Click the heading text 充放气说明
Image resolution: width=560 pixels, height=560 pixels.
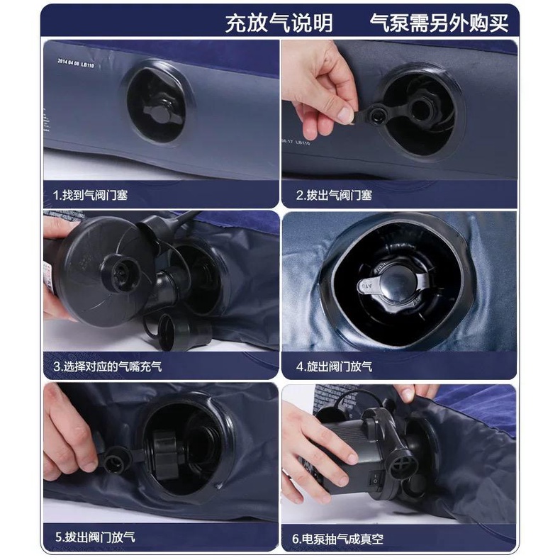coord(279,23)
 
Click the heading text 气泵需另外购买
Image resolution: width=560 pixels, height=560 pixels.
coord(439,23)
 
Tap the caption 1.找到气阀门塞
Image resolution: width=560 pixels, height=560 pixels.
coord(90,195)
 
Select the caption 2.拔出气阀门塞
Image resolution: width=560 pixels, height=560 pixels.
coord(335,195)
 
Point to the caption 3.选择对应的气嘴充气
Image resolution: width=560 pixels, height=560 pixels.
coord(108,366)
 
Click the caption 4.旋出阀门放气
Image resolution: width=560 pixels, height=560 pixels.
coord(335,366)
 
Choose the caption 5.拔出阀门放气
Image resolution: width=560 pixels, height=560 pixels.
coord(96,537)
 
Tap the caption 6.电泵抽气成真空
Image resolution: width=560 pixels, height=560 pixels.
coord(338,539)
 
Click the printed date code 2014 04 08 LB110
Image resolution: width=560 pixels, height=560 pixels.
coord(76,63)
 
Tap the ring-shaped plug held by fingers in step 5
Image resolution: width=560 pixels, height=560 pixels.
coord(115,461)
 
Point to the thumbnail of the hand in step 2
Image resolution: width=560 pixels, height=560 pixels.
coord(345,114)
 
